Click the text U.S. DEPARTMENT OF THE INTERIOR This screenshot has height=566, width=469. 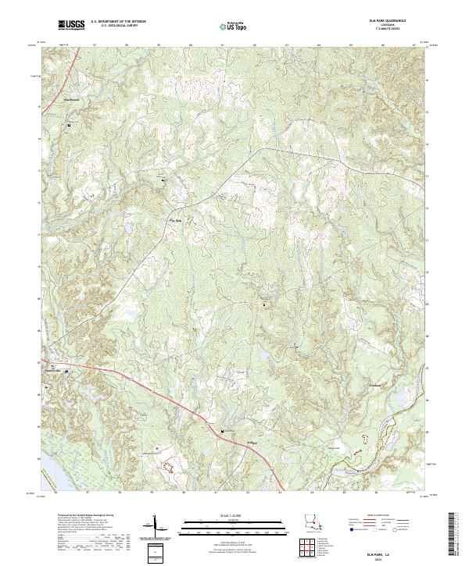(118, 22)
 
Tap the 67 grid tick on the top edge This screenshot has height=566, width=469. (413, 45)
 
